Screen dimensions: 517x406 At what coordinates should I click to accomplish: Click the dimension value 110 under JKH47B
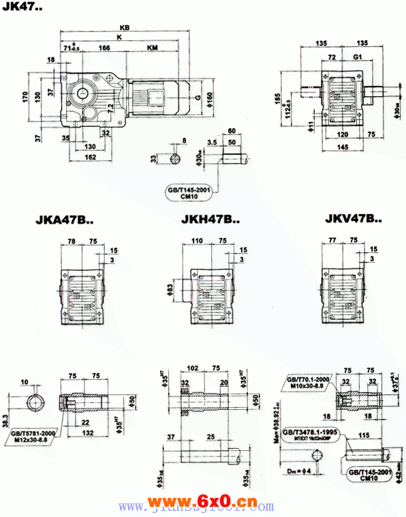click(198, 241)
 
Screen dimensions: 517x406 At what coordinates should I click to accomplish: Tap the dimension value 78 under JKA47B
click(73, 241)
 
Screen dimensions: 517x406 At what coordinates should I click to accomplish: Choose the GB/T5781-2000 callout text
click(33, 432)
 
